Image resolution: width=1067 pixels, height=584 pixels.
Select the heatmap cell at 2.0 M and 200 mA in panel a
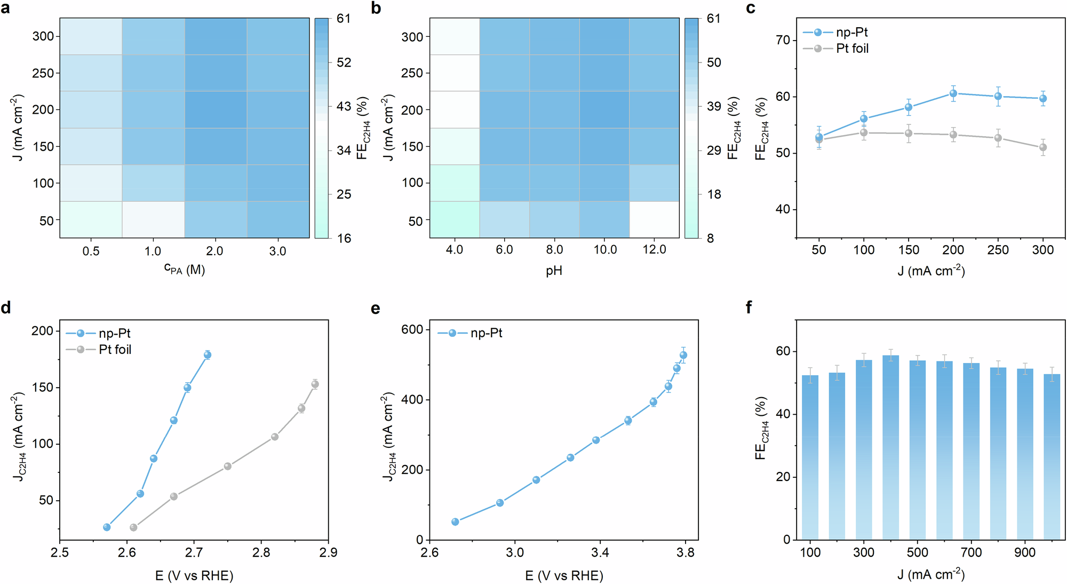click(x=216, y=109)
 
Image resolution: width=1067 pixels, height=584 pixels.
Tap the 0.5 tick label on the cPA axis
click(x=91, y=251)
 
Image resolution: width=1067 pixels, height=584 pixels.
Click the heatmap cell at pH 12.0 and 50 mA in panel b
click(x=654, y=219)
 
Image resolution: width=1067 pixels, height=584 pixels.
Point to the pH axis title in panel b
click(x=554, y=271)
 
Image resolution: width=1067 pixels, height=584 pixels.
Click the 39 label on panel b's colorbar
click(x=714, y=106)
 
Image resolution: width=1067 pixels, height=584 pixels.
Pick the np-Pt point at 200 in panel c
click(x=953, y=93)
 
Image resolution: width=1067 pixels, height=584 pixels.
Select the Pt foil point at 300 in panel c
click(x=1043, y=147)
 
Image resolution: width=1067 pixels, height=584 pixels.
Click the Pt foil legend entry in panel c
click(x=852, y=49)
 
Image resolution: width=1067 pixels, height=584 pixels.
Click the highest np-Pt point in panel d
click(x=208, y=355)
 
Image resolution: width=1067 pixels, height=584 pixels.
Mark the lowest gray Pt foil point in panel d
click(x=133, y=527)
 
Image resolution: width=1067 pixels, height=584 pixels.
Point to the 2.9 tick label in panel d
click(x=328, y=553)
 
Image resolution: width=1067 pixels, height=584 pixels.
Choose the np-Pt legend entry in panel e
click(x=485, y=333)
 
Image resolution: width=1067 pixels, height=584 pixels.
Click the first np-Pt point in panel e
click(x=455, y=522)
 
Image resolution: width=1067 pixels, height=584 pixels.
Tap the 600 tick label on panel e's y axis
click(x=412, y=330)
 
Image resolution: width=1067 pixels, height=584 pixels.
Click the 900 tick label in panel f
click(x=1024, y=553)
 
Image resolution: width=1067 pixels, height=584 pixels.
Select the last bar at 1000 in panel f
click(x=1052, y=456)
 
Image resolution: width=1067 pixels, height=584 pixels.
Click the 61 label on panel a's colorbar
click(x=344, y=19)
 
